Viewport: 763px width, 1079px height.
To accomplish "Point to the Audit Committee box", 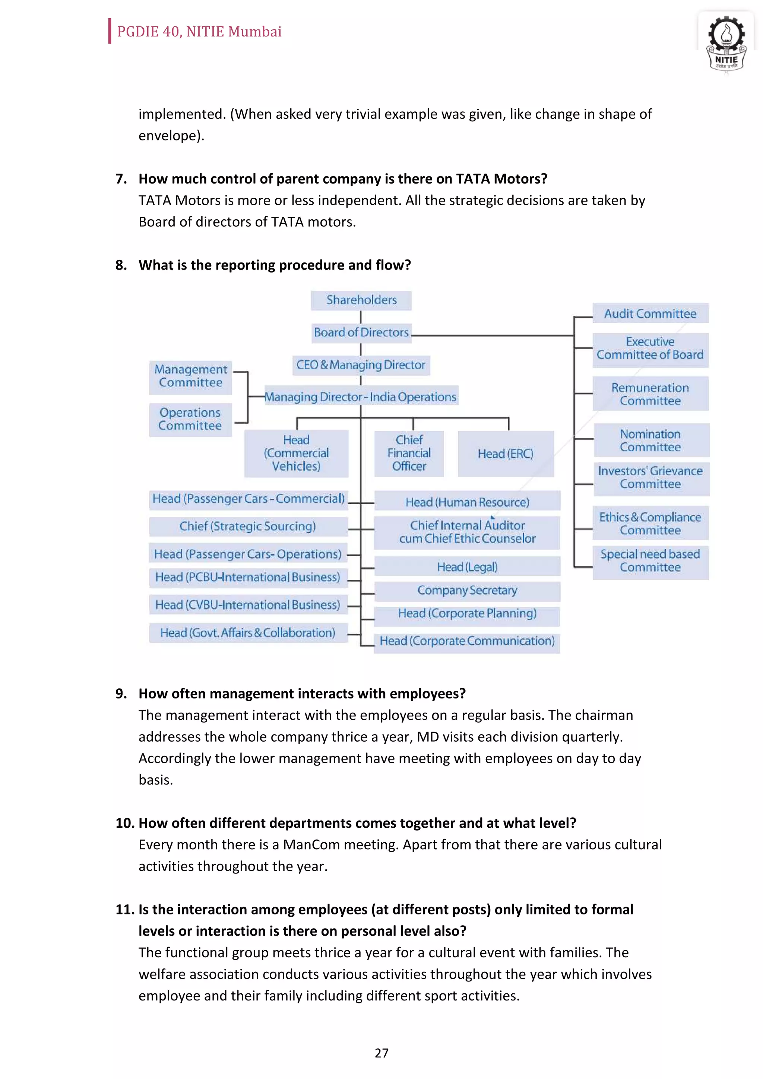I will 650,313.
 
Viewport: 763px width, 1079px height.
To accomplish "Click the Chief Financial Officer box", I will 409,453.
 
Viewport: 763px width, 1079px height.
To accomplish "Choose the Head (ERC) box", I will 506,454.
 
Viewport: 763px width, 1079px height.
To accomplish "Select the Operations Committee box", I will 190,419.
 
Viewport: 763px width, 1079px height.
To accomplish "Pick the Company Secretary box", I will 467,590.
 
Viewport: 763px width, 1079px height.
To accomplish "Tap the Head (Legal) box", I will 467,567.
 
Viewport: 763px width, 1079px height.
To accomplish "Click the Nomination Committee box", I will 650,440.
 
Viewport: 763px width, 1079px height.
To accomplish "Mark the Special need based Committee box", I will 650,561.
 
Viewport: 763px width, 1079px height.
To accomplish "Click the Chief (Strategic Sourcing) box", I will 248,526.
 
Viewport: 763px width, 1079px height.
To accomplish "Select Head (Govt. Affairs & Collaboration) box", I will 248,633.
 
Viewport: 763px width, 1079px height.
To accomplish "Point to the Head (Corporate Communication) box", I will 467,642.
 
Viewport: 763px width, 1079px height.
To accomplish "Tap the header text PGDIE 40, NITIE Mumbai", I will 199,32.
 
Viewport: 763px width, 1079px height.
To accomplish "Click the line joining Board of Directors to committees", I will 491,335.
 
